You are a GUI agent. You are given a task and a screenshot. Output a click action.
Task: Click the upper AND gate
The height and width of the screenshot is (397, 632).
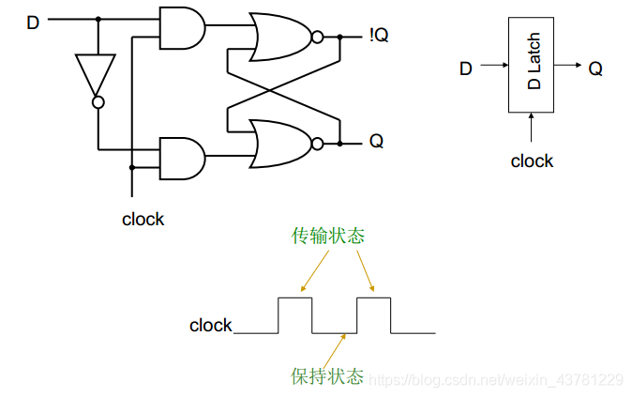pyautogui.click(x=182, y=29)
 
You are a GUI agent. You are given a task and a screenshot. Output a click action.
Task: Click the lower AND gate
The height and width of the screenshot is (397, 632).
pyautogui.click(x=182, y=158)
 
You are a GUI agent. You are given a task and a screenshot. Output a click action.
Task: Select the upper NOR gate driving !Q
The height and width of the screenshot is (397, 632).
pyautogui.click(x=281, y=37)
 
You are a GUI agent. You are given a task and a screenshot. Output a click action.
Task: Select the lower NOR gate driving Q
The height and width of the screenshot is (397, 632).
pyautogui.click(x=281, y=143)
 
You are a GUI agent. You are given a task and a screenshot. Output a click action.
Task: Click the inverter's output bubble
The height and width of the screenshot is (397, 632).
pyautogui.click(x=97, y=102)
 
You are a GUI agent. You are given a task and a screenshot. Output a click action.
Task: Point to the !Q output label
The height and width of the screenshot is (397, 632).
pyautogui.click(x=379, y=37)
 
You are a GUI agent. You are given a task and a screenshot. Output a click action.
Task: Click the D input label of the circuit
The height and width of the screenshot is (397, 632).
pyautogui.click(x=33, y=21)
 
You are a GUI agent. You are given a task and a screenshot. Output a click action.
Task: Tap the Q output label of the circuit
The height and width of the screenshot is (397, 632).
pyautogui.click(x=376, y=143)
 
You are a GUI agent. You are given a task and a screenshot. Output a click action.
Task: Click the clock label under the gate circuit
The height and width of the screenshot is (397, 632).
pyautogui.click(x=143, y=220)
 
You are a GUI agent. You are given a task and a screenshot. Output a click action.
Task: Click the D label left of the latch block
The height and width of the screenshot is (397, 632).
pyautogui.click(x=466, y=68)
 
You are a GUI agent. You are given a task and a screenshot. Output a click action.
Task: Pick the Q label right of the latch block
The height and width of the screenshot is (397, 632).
pyautogui.click(x=595, y=68)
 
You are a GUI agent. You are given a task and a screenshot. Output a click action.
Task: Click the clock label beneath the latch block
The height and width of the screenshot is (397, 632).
pyautogui.click(x=532, y=161)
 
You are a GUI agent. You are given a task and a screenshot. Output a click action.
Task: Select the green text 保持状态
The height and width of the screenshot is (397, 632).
pyautogui.click(x=327, y=376)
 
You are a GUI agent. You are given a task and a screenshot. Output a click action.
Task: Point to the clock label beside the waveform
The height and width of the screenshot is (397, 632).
pyautogui.click(x=211, y=326)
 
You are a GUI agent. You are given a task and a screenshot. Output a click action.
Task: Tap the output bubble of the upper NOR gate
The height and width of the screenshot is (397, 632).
pyautogui.click(x=317, y=38)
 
